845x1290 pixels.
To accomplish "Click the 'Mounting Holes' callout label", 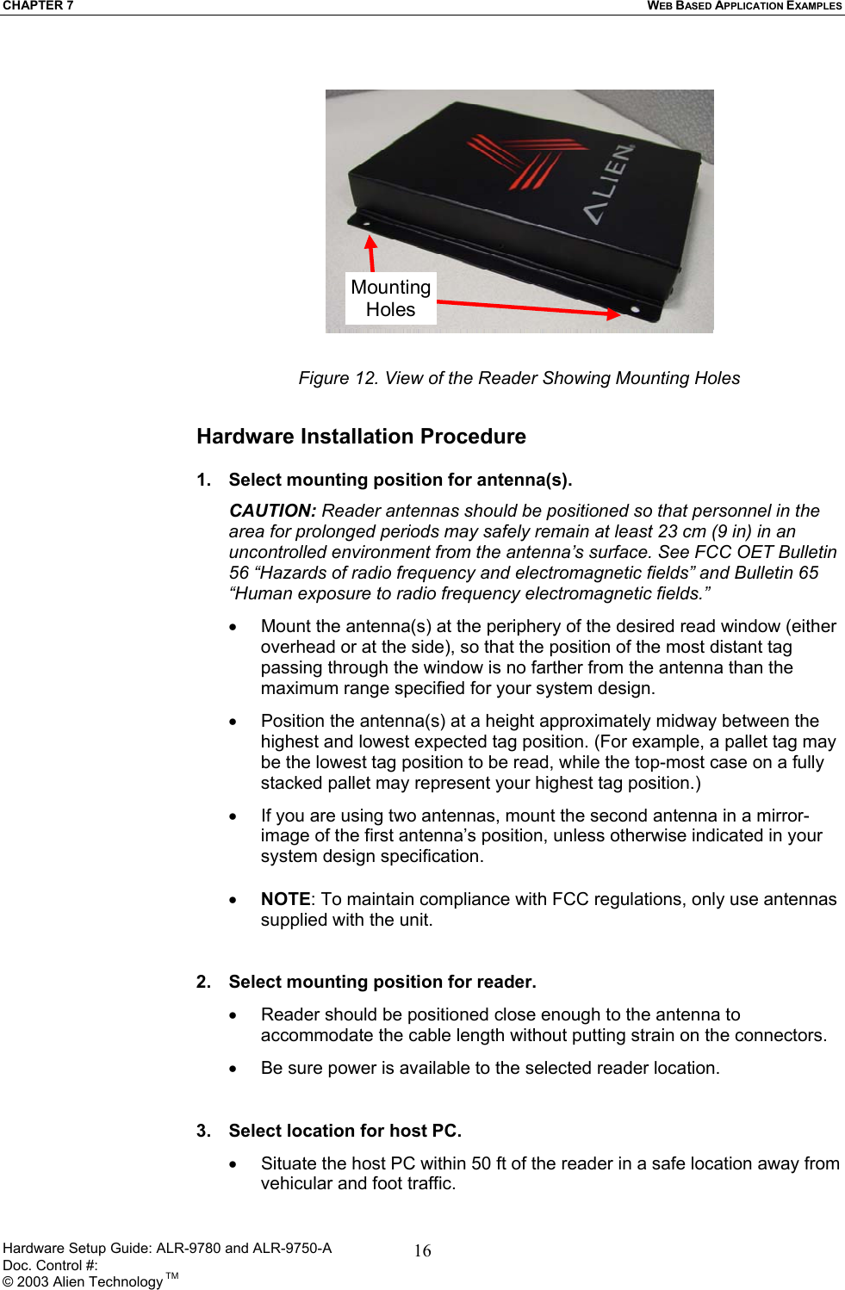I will pyautogui.click(x=390, y=298).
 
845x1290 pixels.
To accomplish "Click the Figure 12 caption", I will pyautogui.click(x=519, y=378).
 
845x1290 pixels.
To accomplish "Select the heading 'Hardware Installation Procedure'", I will pyautogui.click(x=361, y=437).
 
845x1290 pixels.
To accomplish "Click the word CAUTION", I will pyautogui.click(x=272, y=511).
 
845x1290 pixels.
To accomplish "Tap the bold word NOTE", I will pyautogui.click(x=285, y=899).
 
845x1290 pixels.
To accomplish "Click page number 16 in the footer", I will pyautogui.click(x=422, y=1250).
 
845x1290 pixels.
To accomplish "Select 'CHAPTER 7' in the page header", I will pyautogui.click(x=38, y=6).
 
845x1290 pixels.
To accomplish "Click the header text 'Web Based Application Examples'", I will pyautogui.click(x=744, y=6).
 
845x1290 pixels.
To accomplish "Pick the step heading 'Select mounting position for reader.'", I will pyautogui.click(x=382, y=982).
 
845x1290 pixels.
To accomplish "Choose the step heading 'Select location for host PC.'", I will pyautogui.click(x=345, y=1131).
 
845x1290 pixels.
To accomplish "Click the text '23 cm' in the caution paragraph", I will pyautogui.click(x=681, y=531).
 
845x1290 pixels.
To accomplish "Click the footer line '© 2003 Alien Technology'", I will pyautogui.click(x=83, y=1281).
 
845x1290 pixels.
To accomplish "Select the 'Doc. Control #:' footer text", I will pyautogui.click(x=50, y=1265).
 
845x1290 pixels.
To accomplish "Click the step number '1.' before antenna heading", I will pyautogui.click(x=204, y=480).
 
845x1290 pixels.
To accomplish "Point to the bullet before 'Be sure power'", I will pyautogui.click(x=233, y=1069).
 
